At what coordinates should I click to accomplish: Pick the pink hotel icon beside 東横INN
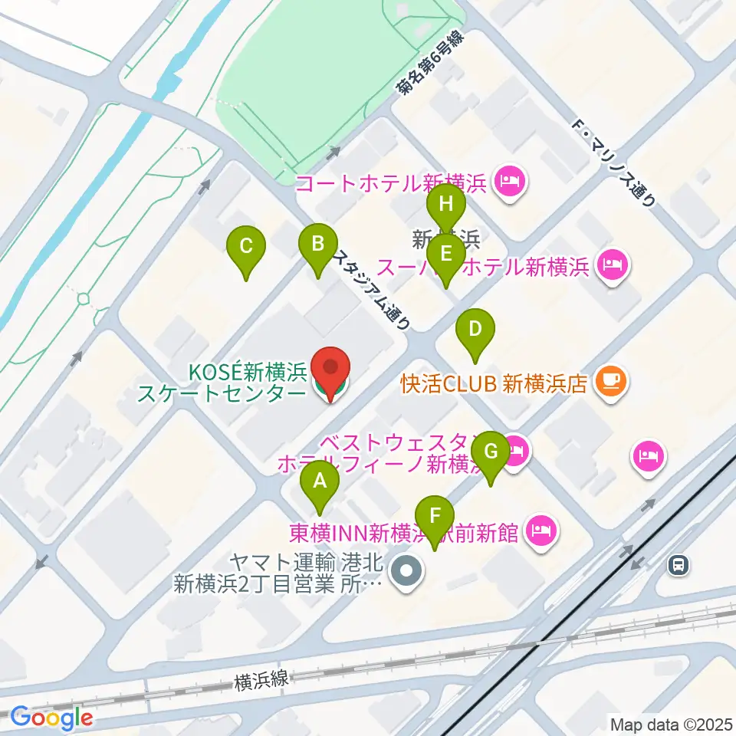(541, 531)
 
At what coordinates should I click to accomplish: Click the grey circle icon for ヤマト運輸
(406, 572)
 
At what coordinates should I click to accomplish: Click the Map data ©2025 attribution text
(669, 724)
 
